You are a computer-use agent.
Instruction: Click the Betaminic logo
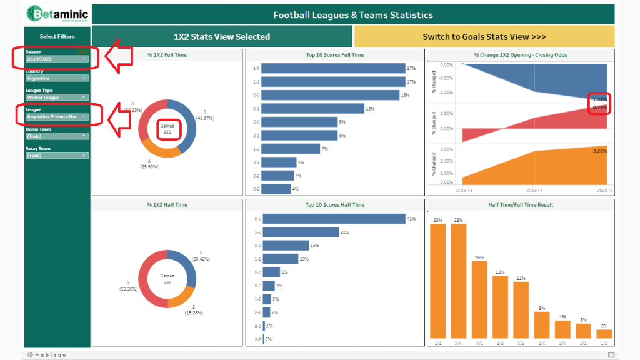57,14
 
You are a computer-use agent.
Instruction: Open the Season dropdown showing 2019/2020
57,59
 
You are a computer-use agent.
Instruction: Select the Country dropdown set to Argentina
57,78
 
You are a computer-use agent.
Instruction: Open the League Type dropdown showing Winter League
57,97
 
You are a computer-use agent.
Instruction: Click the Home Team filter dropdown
57,136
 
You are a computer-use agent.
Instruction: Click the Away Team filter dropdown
57,155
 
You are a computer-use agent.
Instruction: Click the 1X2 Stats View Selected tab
222,37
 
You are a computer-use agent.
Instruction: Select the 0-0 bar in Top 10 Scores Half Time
334,219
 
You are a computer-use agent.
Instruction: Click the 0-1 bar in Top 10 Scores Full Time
312,109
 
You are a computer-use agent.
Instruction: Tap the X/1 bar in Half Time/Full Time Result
479,300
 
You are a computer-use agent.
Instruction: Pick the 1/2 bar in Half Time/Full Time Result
604,334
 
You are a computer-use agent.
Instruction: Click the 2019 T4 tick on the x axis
534,190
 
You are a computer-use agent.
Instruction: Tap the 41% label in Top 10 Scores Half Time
411,219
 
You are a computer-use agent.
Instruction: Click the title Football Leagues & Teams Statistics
353,15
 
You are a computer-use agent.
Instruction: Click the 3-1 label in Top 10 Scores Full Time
256,162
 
